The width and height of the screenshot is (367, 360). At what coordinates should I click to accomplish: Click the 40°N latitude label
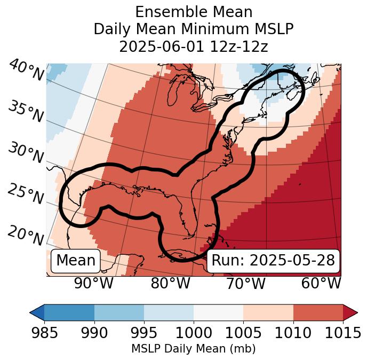[x=25, y=71]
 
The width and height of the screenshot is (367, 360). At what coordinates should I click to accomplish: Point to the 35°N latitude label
[x=25, y=112]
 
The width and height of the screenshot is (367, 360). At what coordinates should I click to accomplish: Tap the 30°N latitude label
[x=25, y=154]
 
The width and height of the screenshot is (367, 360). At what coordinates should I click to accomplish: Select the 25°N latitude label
[x=25, y=195]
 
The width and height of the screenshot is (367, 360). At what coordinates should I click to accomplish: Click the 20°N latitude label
[x=25, y=236]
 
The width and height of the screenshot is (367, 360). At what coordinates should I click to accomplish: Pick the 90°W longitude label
[x=93, y=284]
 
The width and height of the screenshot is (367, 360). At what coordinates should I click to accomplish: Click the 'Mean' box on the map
[x=76, y=261]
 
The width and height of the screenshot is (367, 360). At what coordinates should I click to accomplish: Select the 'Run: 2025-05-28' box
[x=273, y=261]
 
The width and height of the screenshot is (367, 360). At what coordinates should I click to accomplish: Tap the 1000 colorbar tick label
[x=194, y=333]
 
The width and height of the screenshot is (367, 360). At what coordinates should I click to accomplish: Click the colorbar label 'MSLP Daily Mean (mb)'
[x=194, y=349]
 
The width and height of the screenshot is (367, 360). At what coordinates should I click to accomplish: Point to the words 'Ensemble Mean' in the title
[x=194, y=12]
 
